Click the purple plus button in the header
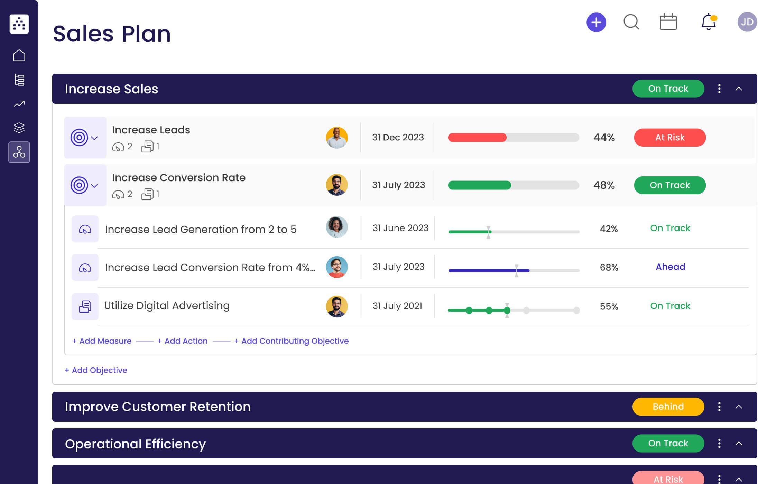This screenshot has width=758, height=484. pyautogui.click(x=596, y=22)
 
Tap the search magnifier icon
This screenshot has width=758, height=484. pyautogui.click(x=631, y=22)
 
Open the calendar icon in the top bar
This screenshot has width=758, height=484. pyautogui.click(x=668, y=22)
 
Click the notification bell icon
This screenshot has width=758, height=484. pyautogui.click(x=708, y=22)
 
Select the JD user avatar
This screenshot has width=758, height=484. pyautogui.click(x=747, y=22)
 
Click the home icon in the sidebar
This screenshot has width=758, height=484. pyautogui.click(x=19, y=55)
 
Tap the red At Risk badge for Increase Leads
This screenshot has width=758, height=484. pyautogui.click(x=669, y=138)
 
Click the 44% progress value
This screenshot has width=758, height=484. pyautogui.click(x=604, y=138)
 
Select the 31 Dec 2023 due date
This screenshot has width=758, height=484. pyautogui.click(x=398, y=138)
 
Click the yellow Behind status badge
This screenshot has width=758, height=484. pyautogui.click(x=668, y=407)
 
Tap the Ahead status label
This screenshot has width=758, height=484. pyautogui.click(x=670, y=267)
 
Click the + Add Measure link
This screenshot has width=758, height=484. pyautogui.click(x=102, y=341)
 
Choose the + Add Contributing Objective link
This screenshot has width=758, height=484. pyautogui.click(x=291, y=341)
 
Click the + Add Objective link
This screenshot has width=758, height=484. pyautogui.click(x=96, y=370)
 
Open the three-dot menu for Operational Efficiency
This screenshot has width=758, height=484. pyautogui.click(x=719, y=443)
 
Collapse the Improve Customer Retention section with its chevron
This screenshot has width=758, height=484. pyautogui.click(x=739, y=407)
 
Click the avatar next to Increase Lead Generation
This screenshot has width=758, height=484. pyautogui.click(x=336, y=227)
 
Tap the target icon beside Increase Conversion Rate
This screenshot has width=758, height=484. pyautogui.click(x=80, y=185)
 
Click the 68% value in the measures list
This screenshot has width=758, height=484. pyautogui.click(x=609, y=268)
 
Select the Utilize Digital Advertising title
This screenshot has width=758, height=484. pyautogui.click(x=167, y=306)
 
